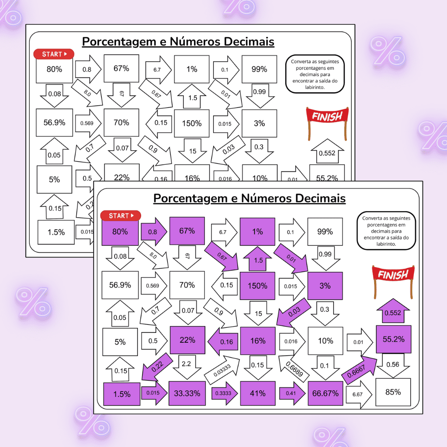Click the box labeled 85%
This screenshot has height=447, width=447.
pos(393,392)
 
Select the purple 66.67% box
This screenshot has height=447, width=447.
pos(325,393)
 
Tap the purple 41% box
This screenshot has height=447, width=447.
pos(258,393)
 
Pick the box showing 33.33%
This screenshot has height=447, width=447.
pos(187,393)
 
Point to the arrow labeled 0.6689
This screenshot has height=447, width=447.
pos(293,368)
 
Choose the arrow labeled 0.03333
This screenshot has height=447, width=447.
pos(222,370)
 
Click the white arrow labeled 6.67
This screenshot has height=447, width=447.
pos(359,394)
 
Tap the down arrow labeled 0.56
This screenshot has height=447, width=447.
pos(393,366)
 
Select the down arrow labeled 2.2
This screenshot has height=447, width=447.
pos(187,367)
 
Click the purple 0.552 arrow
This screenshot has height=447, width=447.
pos(393,311)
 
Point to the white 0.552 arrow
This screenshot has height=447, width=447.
pos(327,151)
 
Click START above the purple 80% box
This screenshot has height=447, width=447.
pos(120,216)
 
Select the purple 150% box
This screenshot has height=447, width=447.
pos(257,286)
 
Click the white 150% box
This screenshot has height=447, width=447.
pos(192,123)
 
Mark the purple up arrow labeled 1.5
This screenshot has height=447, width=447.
pos(258,259)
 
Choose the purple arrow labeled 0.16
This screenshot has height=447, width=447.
pos(223,341)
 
